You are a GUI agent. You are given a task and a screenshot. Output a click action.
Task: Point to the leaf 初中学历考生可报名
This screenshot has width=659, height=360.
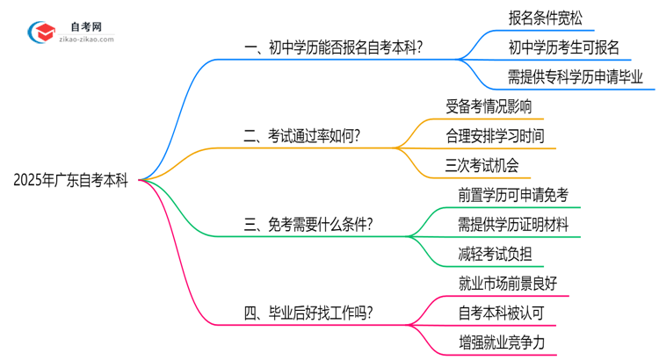[x=563, y=47]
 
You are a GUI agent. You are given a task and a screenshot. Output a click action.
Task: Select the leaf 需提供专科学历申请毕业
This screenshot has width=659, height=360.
[x=576, y=76]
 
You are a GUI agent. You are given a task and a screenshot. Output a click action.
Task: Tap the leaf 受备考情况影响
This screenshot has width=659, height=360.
[x=489, y=106]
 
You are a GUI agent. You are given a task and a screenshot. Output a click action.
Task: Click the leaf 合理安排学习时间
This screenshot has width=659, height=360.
[x=495, y=135]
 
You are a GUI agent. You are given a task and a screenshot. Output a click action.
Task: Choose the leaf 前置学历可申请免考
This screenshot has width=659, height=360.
[x=514, y=195]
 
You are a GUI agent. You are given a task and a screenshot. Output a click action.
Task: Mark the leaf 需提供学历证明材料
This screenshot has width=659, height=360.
[x=514, y=224]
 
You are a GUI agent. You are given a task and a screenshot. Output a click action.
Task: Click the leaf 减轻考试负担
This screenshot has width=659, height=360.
[x=495, y=254]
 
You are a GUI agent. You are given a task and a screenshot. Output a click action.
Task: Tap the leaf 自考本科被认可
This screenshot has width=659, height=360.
[x=501, y=313]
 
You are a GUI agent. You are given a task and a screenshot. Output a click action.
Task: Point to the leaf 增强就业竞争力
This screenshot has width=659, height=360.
[x=501, y=342]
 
